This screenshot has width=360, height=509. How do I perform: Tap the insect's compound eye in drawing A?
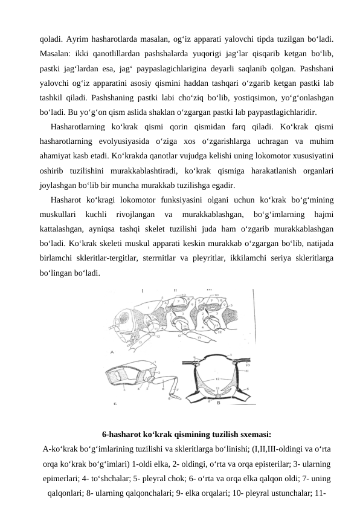(x=126, y=319)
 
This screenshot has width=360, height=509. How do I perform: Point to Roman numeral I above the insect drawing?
(x=143, y=290)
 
